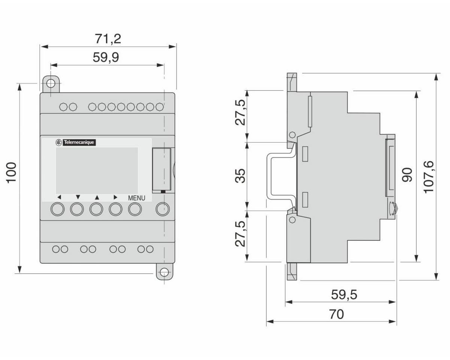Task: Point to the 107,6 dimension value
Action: point(427,176)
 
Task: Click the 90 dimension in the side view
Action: point(407,175)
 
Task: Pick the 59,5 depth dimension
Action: point(344,295)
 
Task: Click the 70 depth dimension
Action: point(336,314)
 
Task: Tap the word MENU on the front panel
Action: point(136,198)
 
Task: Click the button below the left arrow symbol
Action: point(57,209)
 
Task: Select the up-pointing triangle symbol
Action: point(96,197)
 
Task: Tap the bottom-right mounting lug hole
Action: point(164,272)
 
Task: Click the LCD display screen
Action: point(97,169)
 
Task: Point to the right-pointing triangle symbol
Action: point(115,197)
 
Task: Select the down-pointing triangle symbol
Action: point(78,197)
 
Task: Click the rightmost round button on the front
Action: point(162,209)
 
